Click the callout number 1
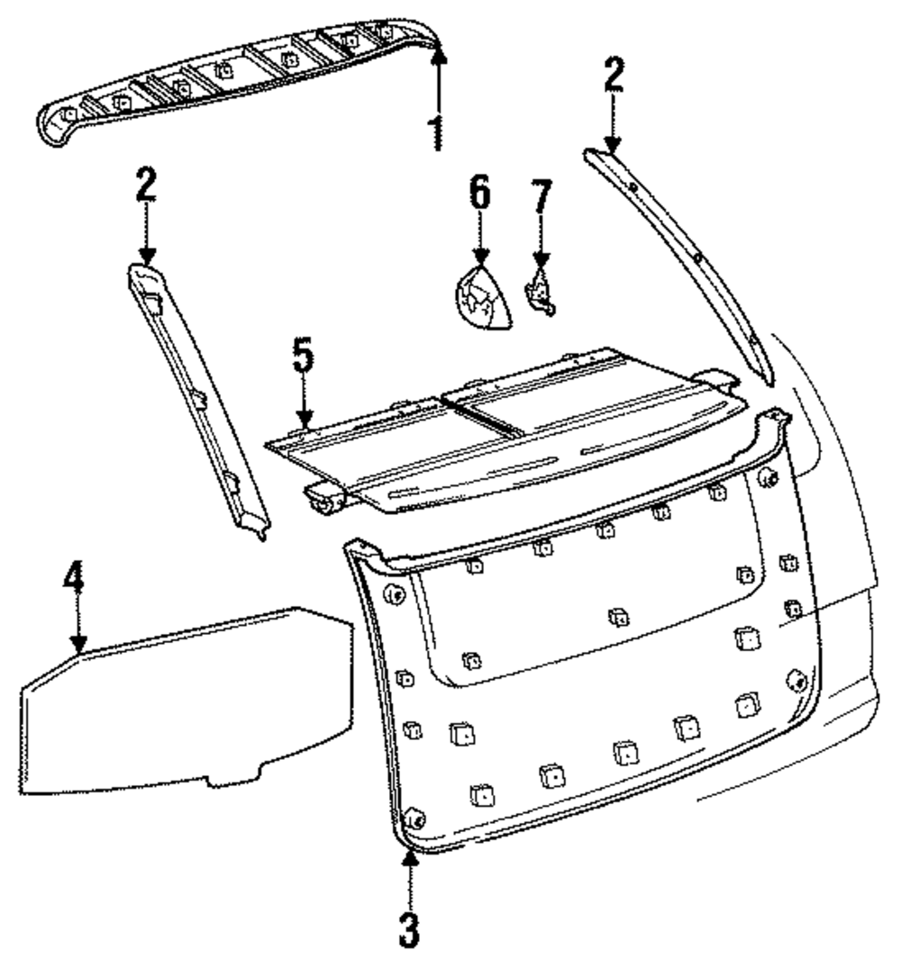click(437, 131)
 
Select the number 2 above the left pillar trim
click(146, 186)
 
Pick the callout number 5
click(304, 360)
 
